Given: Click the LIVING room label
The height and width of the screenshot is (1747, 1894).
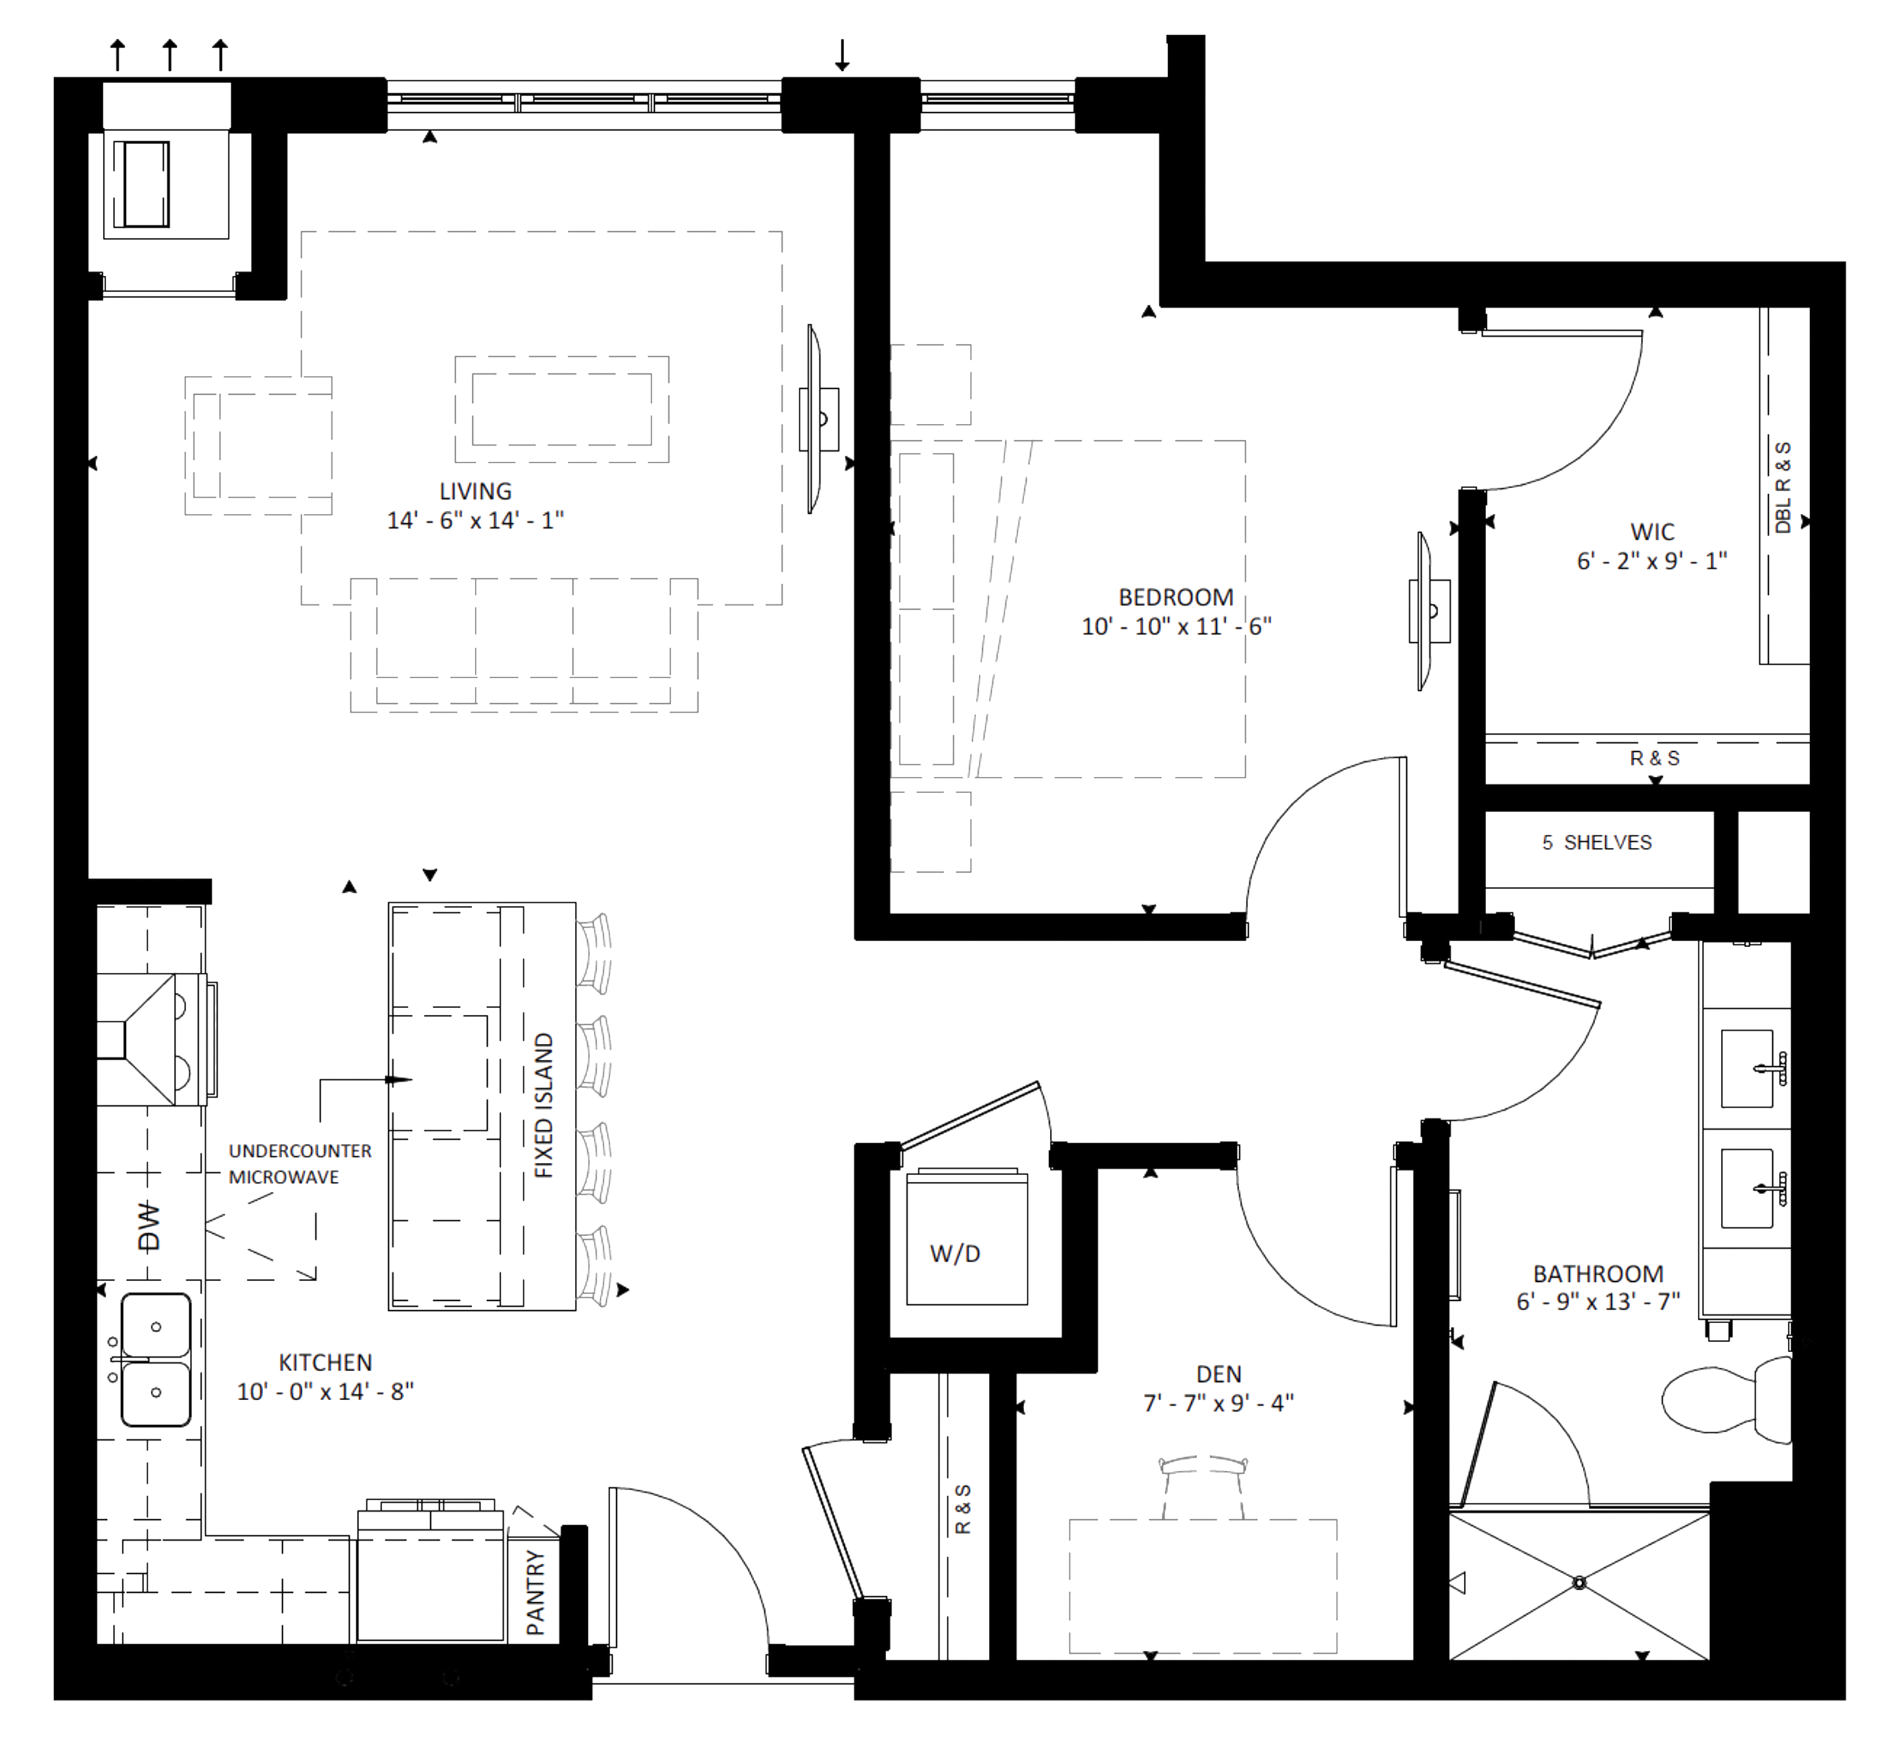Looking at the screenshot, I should [475, 492].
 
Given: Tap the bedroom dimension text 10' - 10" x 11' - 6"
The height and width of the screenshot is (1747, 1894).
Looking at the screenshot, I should [1176, 626].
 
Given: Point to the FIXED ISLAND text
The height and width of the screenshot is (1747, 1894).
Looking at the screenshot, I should [544, 1105].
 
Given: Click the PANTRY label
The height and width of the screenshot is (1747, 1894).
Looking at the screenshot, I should [535, 1593].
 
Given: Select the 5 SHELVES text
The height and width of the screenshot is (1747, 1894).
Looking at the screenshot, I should [1596, 842].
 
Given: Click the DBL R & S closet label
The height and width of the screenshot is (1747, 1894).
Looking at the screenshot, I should [1782, 486].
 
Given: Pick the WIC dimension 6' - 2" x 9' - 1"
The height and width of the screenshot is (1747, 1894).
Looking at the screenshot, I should [1651, 560].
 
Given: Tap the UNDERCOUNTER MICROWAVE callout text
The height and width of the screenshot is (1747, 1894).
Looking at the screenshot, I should [299, 1164].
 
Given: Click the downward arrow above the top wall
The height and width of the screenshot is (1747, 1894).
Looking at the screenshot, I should [841, 55].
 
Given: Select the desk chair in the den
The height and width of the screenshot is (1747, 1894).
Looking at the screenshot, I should [1203, 1484].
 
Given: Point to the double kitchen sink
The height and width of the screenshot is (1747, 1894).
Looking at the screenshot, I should [155, 1360].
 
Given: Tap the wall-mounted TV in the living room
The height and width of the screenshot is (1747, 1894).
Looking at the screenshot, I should [816, 418].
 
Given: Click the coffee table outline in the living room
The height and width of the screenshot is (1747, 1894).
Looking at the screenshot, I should [561, 409].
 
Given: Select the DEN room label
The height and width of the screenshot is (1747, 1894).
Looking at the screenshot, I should [1218, 1374].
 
